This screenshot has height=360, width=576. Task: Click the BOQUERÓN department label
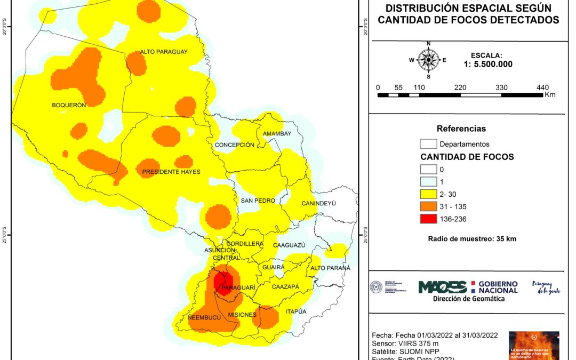[69, 105]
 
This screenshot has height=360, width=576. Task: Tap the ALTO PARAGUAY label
[164, 52]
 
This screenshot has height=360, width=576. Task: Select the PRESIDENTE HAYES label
[171, 172]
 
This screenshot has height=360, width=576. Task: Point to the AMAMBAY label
[277, 133]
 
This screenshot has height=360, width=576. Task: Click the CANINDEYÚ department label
[322, 204]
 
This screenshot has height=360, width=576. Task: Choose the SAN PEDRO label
[258, 201]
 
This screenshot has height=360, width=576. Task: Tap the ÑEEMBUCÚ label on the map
[204, 317]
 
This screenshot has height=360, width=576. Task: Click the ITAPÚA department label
[296, 311]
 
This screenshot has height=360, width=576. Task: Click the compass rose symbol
[428, 60]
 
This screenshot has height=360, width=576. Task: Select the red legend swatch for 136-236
[428, 219]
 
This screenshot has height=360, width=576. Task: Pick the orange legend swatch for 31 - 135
[428, 206]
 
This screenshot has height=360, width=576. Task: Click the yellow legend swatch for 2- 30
[428, 194]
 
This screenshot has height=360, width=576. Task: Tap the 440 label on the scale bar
[543, 87]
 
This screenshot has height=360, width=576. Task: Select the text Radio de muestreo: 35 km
[472, 238]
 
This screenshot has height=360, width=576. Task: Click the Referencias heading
[461, 129]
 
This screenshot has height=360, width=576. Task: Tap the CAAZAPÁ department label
[285, 287]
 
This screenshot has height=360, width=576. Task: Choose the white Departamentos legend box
[428, 144]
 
